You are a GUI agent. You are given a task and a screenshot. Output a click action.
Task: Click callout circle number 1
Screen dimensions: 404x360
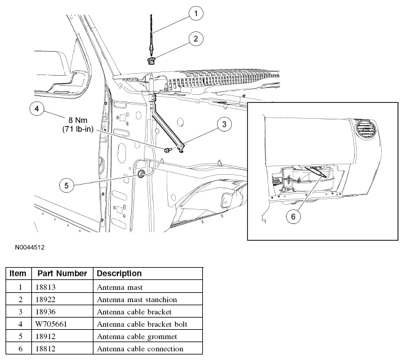[x=196, y=13]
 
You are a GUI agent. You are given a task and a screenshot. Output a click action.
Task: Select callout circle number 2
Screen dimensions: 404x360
[x=196, y=39]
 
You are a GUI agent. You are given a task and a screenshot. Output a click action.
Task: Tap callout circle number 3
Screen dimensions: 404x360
[x=224, y=124]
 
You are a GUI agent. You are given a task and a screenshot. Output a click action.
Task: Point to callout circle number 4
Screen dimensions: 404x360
[x=37, y=108]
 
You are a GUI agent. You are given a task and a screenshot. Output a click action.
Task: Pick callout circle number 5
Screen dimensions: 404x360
[x=66, y=185]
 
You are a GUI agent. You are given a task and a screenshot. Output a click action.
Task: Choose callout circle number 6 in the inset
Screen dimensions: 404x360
[x=293, y=217]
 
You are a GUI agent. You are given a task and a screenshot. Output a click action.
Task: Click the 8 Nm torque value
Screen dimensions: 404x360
[x=78, y=120]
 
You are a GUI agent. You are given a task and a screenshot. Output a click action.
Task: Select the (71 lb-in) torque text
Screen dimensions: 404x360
[x=78, y=129]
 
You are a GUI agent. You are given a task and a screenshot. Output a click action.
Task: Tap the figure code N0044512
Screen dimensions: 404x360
[x=30, y=247]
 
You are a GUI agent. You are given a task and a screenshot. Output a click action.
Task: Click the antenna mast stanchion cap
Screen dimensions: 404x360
[x=151, y=61]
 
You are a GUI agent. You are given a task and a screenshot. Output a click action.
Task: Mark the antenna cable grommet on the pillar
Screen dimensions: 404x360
[x=141, y=174]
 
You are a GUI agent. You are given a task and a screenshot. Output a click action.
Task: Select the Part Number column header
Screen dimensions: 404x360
[x=62, y=273]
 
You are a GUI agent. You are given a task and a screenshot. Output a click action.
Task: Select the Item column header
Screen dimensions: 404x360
[x=18, y=273]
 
